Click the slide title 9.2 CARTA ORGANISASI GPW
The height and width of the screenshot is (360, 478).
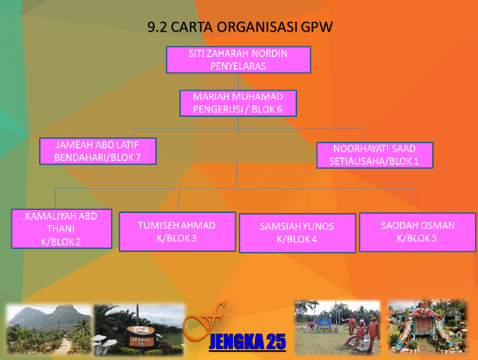(239, 27)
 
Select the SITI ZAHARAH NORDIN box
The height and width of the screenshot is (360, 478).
(239, 60)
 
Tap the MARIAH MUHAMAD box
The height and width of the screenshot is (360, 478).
(238, 103)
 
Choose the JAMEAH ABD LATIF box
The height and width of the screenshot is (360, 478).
(98, 151)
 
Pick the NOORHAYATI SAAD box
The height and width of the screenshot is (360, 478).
(375, 155)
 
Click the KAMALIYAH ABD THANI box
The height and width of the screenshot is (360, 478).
(62, 229)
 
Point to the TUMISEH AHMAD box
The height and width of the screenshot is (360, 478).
(177, 232)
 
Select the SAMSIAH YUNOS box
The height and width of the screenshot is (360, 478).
(297, 233)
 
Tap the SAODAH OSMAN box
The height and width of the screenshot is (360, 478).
(418, 232)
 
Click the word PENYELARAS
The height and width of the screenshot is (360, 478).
(239, 66)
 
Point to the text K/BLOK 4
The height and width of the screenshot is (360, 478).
(297, 239)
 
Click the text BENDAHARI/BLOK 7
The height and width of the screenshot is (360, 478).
(98, 157)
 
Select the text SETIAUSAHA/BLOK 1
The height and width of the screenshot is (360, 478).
(374, 161)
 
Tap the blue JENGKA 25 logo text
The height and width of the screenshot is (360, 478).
(247, 342)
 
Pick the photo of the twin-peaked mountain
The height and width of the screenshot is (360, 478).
(49, 329)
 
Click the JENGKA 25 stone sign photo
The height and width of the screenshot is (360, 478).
(139, 329)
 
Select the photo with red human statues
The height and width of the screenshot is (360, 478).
(338, 328)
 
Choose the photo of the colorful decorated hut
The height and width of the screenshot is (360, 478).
(427, 327)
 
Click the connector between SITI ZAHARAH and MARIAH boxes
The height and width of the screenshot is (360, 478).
(239, 82)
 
